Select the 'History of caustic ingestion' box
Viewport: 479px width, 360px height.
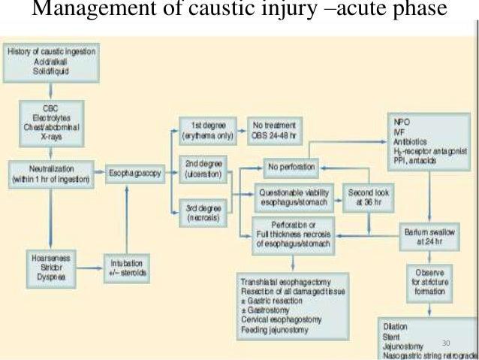coord(51,62)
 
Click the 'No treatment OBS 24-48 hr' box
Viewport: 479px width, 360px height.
coord(275,129)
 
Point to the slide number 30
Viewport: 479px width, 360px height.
coord(447,343)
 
